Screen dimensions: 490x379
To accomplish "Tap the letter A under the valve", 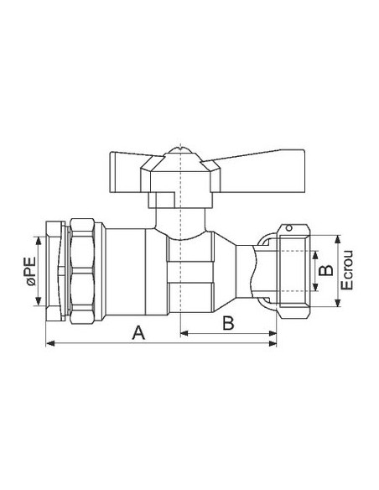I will (139, 333).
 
